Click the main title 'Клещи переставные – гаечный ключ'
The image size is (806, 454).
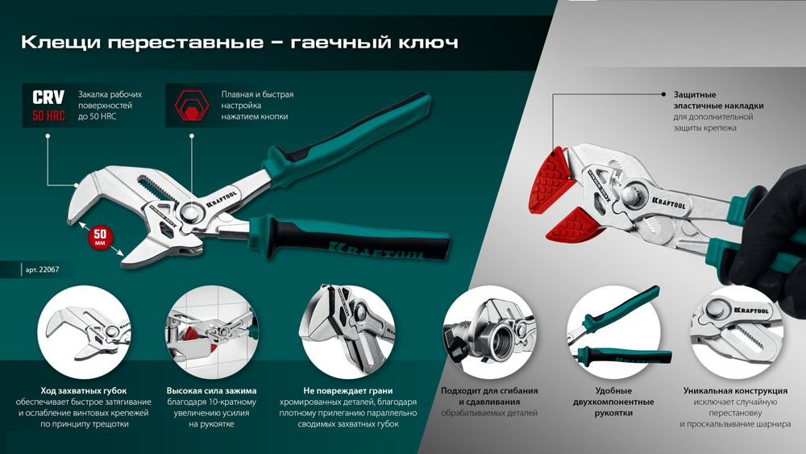[x=239, y=41]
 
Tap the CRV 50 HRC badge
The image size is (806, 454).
[x=48, y=105]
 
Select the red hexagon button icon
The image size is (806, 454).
[x=192, y=105]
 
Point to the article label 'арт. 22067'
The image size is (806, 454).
[x=40, y=270]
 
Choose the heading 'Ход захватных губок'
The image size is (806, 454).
[x=84, y=390]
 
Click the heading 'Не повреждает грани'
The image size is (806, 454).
[x=347, y=390]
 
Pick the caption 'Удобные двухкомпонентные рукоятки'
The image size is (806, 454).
[x=615, y=402]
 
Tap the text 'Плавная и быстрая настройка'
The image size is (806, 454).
[x=257, y=100]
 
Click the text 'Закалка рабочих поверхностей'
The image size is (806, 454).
[x=110, y=100]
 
